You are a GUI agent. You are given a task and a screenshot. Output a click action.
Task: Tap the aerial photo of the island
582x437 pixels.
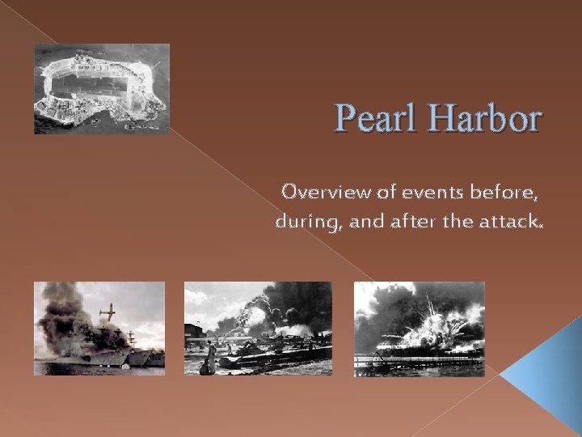102,88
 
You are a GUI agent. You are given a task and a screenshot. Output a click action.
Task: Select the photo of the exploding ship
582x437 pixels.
420,329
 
